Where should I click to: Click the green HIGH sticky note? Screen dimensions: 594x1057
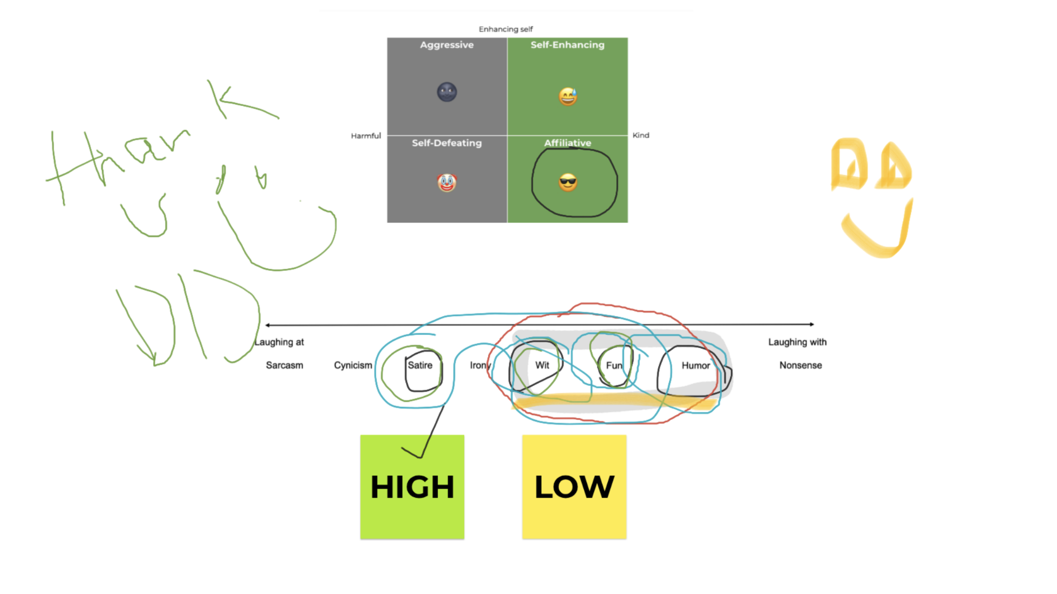[412, 487]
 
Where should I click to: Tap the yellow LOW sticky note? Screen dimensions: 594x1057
[574, 487]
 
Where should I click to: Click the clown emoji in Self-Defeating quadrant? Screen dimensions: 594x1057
[447, 183]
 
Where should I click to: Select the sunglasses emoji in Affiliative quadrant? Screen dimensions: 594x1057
[568, 183]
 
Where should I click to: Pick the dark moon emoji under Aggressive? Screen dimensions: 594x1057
[447, 92]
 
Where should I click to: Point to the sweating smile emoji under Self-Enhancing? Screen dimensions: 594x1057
[568, 96]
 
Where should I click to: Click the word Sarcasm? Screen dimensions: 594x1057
[285, 365]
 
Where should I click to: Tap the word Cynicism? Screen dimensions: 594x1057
[353, 365]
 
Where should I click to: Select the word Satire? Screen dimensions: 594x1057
[420, 365]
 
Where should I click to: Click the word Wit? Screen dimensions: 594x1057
[542, 365]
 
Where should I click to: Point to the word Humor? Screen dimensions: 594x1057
[696, 366]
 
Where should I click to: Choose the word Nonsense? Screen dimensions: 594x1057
[800, 365]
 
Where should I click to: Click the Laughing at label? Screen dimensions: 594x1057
[279, 342]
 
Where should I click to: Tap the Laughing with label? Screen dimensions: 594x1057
[797, 342]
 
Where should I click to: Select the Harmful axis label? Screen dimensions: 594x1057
[366, 136]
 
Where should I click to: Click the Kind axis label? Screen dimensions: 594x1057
[641, 135]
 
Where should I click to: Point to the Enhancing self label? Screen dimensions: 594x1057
[506, 29]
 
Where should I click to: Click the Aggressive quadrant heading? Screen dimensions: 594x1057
[447, 45]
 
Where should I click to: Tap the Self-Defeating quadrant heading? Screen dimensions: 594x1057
[447, 143]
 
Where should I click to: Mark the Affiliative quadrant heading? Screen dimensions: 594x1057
[567, 143]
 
